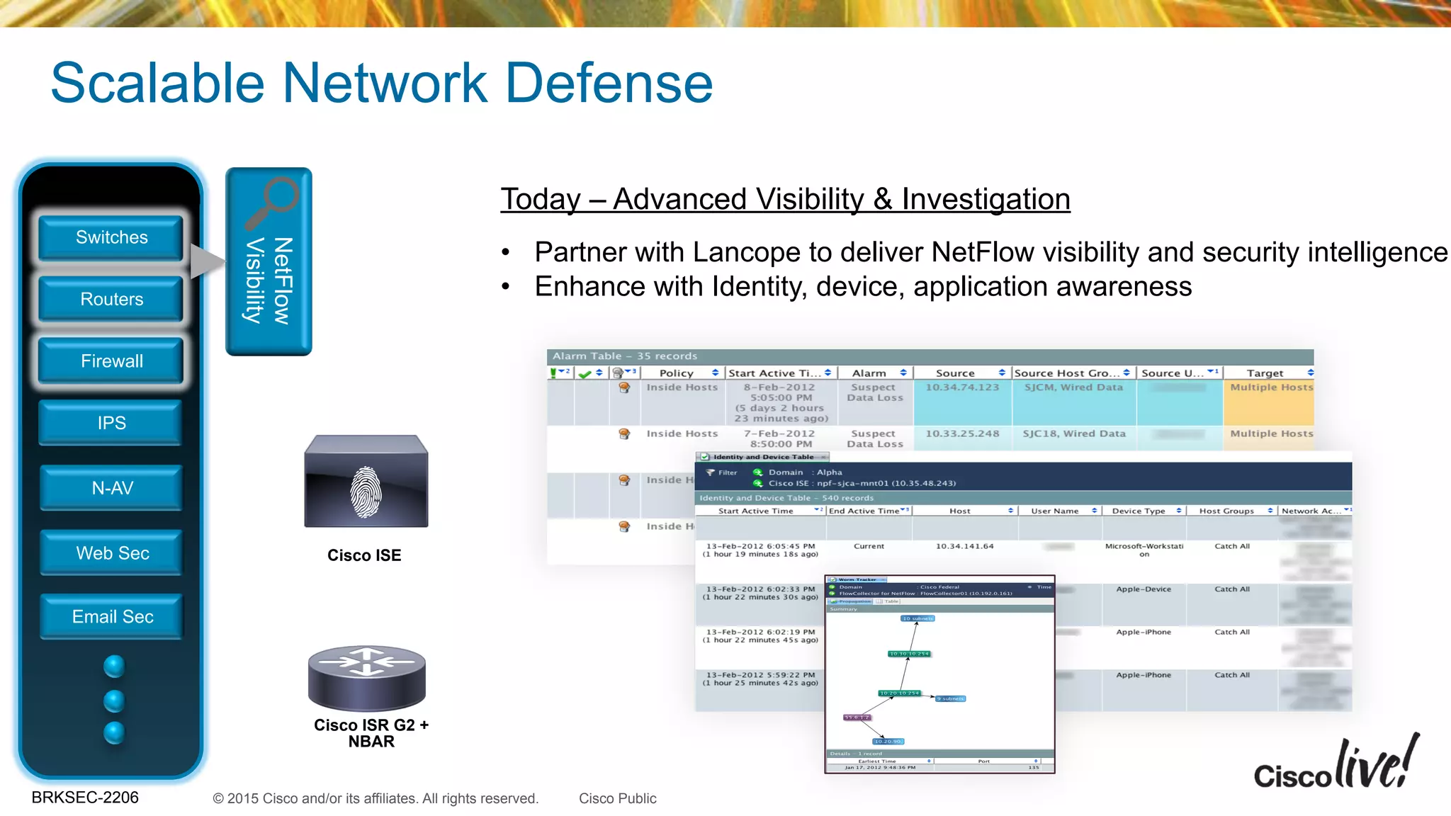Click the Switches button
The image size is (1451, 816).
click(111, 238)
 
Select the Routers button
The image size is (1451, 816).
click(111, 300)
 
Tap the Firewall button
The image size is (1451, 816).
click(111, 361)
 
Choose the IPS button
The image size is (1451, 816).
click(111, 423)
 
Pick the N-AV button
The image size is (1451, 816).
click(112, 488)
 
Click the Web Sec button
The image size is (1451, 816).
click(112, 553)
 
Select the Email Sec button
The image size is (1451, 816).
click(112, 617)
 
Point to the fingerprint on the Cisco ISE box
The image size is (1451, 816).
click(366, 492)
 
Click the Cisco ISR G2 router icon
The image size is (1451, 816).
click(366, 677)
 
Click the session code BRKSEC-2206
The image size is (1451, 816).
click(85, 798)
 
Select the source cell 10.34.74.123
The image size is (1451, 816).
click(961, 387)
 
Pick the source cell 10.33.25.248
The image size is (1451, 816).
click(961, 433)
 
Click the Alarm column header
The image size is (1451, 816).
click(869, 373)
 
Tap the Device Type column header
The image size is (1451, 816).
click(1138, 511)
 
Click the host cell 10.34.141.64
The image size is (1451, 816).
click(964, 546)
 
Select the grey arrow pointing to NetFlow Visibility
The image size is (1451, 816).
click(206, 261)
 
